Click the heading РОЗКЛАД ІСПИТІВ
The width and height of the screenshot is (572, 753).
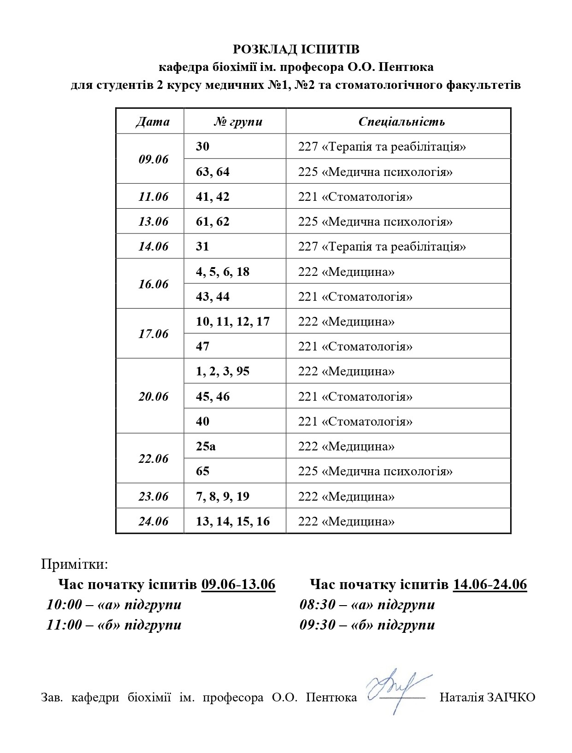click(x=296, y=49)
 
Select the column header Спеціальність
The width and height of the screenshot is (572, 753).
click(x=401, y=122)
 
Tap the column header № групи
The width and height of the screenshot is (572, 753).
click(x=238, y=122)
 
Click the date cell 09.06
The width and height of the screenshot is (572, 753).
click(x=153, y=159)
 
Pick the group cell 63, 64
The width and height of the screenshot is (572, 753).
click(x=212, y=172)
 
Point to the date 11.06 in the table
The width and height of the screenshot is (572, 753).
click(x=153, y=197)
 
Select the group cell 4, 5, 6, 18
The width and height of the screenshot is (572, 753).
click(x=223, y=272)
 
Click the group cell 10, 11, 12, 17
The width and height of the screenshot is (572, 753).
click(x=233, y=321)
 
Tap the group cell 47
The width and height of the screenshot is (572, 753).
click(x=203, y=346)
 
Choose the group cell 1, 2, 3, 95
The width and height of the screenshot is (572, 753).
click(x=223, y=371)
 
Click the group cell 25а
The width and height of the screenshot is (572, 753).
click(x=206, y=446)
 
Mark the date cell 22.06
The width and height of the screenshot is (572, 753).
click(x=153, y=459)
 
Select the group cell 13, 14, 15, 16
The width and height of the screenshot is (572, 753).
click(x=233, y=521)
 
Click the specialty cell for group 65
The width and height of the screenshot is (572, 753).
click(x=375, y=471)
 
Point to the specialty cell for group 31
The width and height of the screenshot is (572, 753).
click(x=382, y=246)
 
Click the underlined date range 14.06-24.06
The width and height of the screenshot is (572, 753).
click(x=490, y=584)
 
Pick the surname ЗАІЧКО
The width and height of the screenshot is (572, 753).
click(x=510, y=697)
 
